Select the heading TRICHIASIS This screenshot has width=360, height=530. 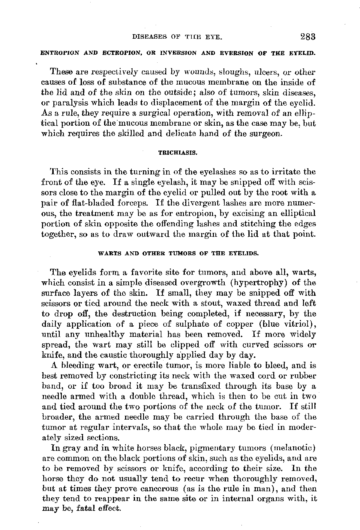[x=177, y=152]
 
